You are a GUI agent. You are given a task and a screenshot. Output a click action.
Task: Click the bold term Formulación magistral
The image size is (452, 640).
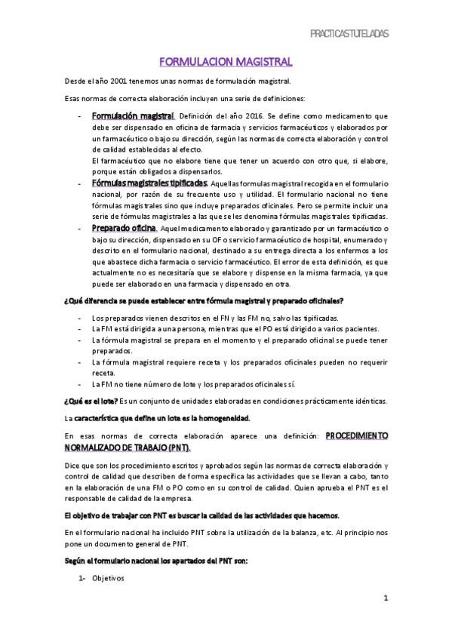pyautogui.click(x=133, y=116)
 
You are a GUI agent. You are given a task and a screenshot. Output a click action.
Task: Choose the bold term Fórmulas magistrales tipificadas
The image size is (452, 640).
pyautogui.click(x=148, y=183)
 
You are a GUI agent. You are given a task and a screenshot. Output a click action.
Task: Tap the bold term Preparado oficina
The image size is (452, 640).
pyautogui.click(x=124, y=228)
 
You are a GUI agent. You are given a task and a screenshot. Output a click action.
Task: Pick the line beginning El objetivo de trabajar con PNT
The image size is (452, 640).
pyautogui.click(x=201, y=515)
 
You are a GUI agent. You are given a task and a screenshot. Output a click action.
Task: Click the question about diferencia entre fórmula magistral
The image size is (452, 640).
pyautogui.click(x=202, y=302)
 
